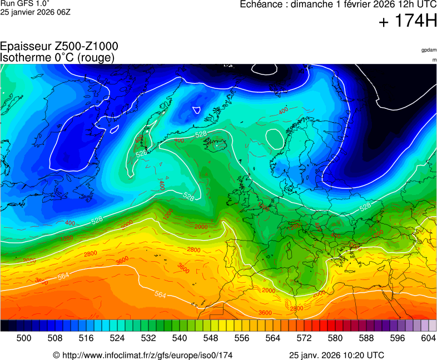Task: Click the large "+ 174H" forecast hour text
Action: pos(408,22)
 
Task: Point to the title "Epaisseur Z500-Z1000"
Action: pos(59,47)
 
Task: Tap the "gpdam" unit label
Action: pos(429,50)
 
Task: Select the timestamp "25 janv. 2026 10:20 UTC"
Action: pos(336,355)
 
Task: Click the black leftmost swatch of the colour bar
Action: pos(4,326)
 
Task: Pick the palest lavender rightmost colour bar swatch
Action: pos(433,326)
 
